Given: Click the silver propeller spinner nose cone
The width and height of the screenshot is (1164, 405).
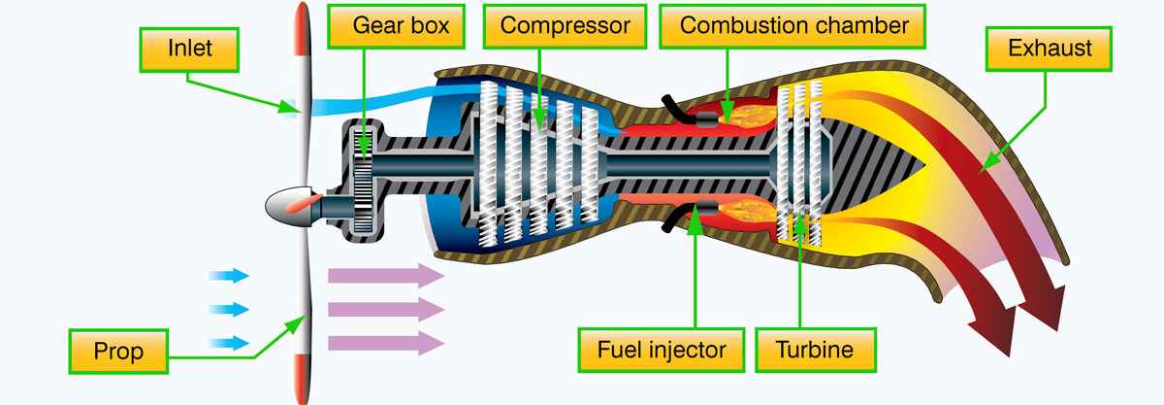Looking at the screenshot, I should point(283,204).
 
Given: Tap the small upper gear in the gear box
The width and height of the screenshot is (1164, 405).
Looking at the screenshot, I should point(365,144).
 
